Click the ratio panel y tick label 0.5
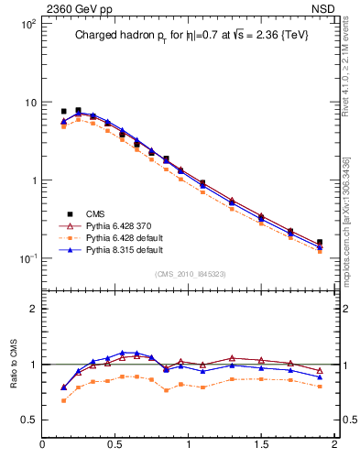click(27, 420)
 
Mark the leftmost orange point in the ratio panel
click(63, 400)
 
